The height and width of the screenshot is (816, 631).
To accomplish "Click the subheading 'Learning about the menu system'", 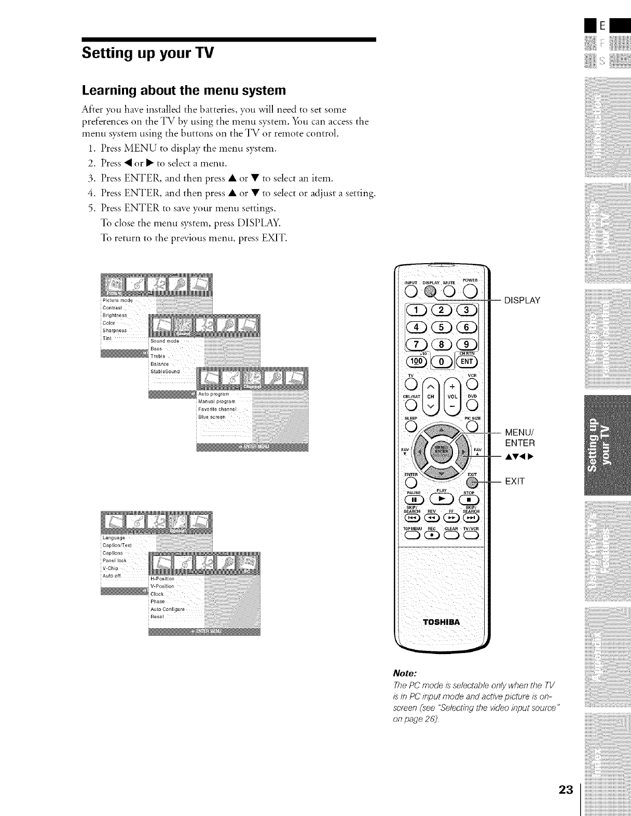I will (184, 91).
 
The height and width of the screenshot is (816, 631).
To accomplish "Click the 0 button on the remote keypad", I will (442, 362).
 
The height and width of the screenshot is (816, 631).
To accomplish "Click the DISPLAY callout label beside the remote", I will (523, 301).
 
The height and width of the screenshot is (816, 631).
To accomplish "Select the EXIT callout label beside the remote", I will (515, 481).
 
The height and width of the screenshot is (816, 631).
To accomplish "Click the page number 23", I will (566, 790).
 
